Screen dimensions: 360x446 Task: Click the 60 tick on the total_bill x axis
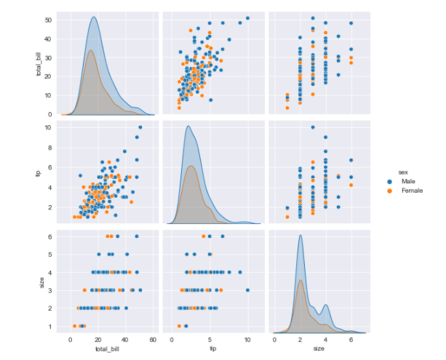coord(151,338)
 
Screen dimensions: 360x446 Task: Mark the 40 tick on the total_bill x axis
coord(124,338)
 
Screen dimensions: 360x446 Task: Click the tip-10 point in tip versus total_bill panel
coord(140,127)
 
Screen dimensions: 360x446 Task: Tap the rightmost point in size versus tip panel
coord(247,289)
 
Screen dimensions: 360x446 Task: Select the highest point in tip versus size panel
coord(313,127)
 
